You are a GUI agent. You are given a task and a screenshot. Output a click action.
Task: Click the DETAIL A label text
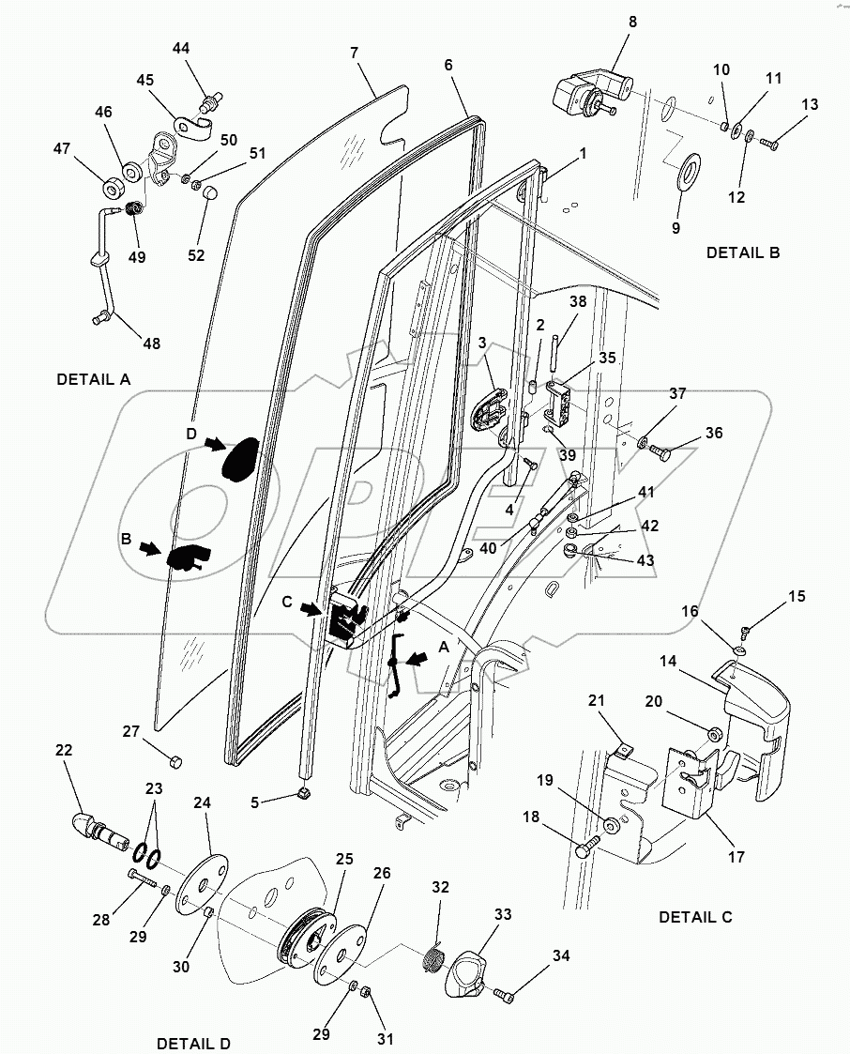94,379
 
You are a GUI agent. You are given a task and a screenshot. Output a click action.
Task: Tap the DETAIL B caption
743,252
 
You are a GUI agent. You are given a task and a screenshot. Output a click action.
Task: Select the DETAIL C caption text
696,916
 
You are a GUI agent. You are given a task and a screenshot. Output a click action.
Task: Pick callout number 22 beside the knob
64,751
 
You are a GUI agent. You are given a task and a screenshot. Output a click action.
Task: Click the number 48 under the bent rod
150,344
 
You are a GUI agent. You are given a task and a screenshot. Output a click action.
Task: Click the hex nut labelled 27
175,760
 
